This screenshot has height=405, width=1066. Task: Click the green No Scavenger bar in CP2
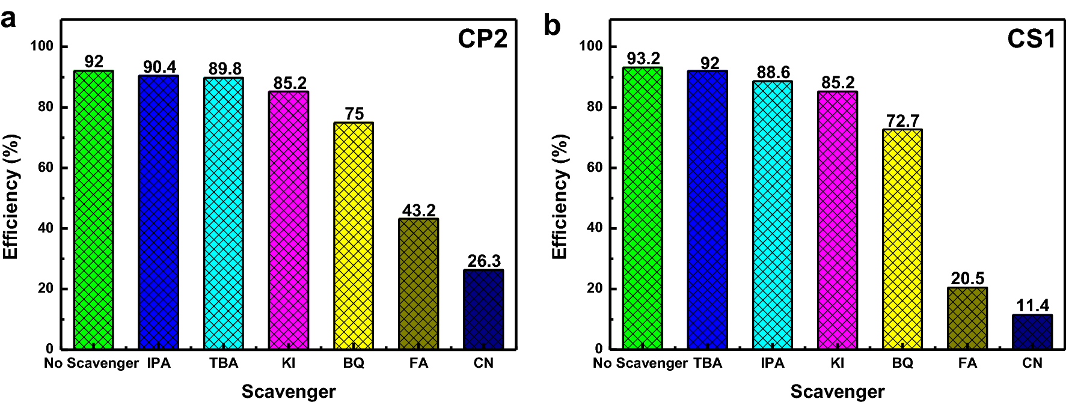(x=93, y=210)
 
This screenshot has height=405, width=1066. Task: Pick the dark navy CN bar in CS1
(x=1032, y=332)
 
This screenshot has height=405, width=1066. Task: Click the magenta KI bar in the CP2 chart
(x=289, y=220)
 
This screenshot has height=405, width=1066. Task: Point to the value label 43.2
(x=418, y=210)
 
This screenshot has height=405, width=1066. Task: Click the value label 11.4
(x=1032, y=306)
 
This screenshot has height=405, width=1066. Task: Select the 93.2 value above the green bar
(x=643, y=58)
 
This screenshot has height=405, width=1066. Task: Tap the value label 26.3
(x=483, y=261)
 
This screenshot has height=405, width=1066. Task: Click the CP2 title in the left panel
(x=482, y=39)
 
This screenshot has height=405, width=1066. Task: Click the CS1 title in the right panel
(x=1031, y=39)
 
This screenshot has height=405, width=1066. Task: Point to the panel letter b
(x=551, y=25)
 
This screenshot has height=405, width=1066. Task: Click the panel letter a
(x=8, y=19)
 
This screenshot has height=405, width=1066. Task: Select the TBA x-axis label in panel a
(x=224, y=363)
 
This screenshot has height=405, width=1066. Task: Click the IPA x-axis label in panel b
(x=772, y=363)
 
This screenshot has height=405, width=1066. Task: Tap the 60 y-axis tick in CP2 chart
(x=46, y=168)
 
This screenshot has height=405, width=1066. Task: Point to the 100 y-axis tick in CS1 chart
(x=590, y=46)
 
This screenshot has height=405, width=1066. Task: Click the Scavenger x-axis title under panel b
(x=837, y=392)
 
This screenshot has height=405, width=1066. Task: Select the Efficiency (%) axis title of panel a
(x=11, y=196)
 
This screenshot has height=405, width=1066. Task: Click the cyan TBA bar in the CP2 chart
(x=224, y=213)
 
